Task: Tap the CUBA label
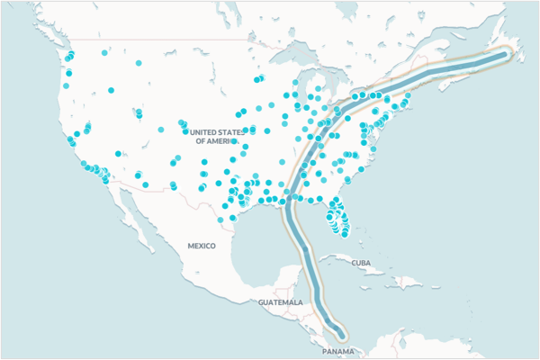coord(361,263)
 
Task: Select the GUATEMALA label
coord(280,302)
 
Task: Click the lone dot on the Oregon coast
coord(66,86)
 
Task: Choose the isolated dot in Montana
coord(139,63)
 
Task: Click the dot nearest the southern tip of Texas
coord(220,219)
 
